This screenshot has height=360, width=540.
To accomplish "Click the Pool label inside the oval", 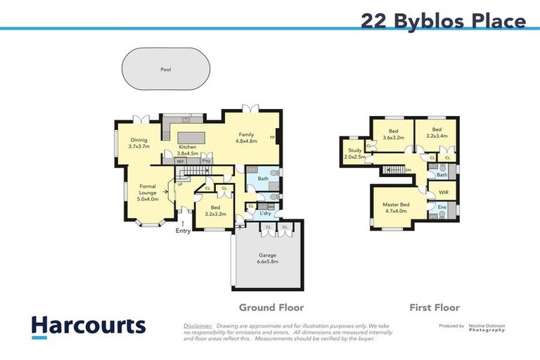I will [x=165, y=70].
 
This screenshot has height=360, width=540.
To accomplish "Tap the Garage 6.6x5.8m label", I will [x=266, y=257].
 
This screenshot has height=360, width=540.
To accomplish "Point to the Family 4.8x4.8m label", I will [x=246, y=138].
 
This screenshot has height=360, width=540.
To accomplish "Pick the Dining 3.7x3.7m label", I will [x=139, y=143].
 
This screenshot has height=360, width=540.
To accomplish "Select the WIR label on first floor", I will [x=443, y=192].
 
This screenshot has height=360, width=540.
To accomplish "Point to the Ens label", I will [x=442, y=207].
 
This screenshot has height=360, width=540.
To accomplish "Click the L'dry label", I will [x=265, y=213].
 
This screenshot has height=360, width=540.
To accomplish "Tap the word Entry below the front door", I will [x=183, y=231].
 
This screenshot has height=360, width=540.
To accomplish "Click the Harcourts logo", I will [x=88, y=326].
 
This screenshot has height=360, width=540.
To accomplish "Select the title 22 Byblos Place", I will [x=443, y=20].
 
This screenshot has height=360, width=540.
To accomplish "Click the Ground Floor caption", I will [x=271, y=307].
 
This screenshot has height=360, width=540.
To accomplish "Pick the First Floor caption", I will [x=435, y=307].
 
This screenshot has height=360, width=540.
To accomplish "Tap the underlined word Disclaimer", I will [x=198, y=326].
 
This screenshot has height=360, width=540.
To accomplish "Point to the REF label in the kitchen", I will [x=181, y=161].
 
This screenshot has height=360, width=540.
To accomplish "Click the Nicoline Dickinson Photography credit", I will [x=487, y=328].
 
